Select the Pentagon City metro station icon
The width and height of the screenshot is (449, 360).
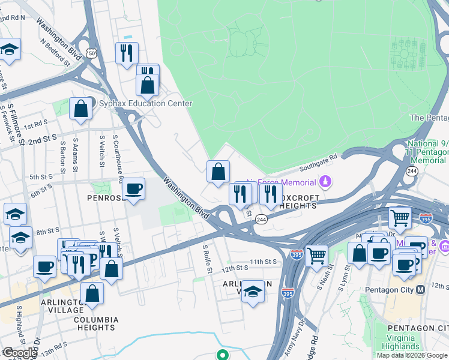point(421,290)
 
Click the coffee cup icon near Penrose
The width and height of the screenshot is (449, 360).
point(133,188)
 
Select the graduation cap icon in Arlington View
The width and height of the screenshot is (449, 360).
point(253,291)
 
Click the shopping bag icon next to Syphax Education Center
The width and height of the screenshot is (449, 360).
point(80,109)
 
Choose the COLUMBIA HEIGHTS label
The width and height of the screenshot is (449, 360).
point(96,323)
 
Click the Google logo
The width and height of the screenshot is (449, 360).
point(19,353)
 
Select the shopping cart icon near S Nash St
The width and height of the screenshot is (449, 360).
point(316,255)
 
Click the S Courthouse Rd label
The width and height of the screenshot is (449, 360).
point(120,164)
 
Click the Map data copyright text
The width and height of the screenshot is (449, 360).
point(412,355)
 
